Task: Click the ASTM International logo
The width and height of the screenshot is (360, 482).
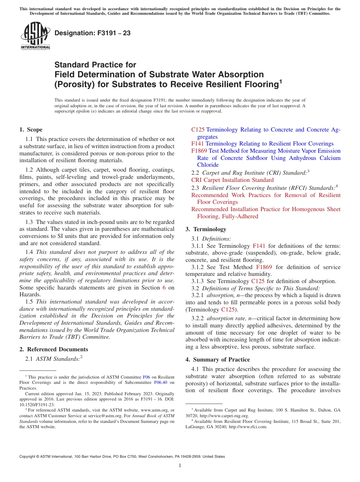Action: click(x=35, y=36)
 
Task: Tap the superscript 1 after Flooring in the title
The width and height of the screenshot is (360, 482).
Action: click(x=280, y=81)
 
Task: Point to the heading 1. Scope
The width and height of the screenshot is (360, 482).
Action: click(x=31, y=130)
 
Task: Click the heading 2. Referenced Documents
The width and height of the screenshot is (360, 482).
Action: click(x=54, y=349)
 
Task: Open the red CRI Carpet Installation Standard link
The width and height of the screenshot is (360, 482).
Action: click(x=232, y=180)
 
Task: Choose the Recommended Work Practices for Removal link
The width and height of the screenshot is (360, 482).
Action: click(x=266, y=195)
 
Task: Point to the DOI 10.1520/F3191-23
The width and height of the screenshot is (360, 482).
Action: click(x=36, y=405)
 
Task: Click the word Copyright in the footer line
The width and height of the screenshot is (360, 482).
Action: click(x=29, y=457)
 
